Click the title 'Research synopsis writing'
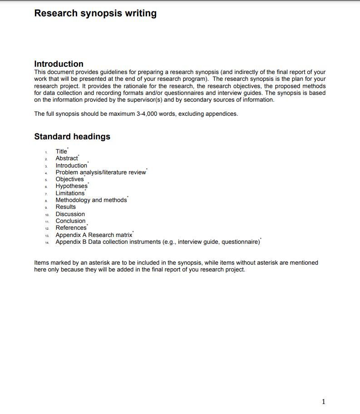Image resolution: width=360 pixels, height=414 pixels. click(95, 13)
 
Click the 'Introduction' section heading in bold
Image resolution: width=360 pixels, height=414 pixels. click(59, 64)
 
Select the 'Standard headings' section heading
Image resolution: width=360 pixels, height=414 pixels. click(72, 137)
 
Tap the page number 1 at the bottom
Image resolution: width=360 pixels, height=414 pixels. click(323, 401)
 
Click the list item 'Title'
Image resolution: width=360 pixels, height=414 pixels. click(61, 152)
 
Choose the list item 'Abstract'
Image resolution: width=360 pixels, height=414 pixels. click(67, 158)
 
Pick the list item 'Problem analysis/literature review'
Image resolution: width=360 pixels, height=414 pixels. click(101, 172)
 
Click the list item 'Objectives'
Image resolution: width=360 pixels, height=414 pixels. click(69, 179)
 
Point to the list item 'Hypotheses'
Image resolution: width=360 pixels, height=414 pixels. click(71, 186)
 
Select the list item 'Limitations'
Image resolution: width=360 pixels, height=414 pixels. click(70, 193)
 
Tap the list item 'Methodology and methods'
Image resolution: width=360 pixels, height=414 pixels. click(91, 200)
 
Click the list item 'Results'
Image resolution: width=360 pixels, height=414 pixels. click(66, 207)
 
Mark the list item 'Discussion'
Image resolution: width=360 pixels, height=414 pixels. click(70, 214)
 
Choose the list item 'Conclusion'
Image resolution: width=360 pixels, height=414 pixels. click(70, 221)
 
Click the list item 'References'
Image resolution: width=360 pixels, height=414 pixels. click(71, 228)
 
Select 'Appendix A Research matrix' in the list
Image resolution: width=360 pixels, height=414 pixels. click(94, 235)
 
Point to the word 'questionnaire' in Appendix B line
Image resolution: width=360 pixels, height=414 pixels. click(240, 242)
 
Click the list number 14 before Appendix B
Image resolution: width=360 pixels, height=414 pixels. click(47, 242)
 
